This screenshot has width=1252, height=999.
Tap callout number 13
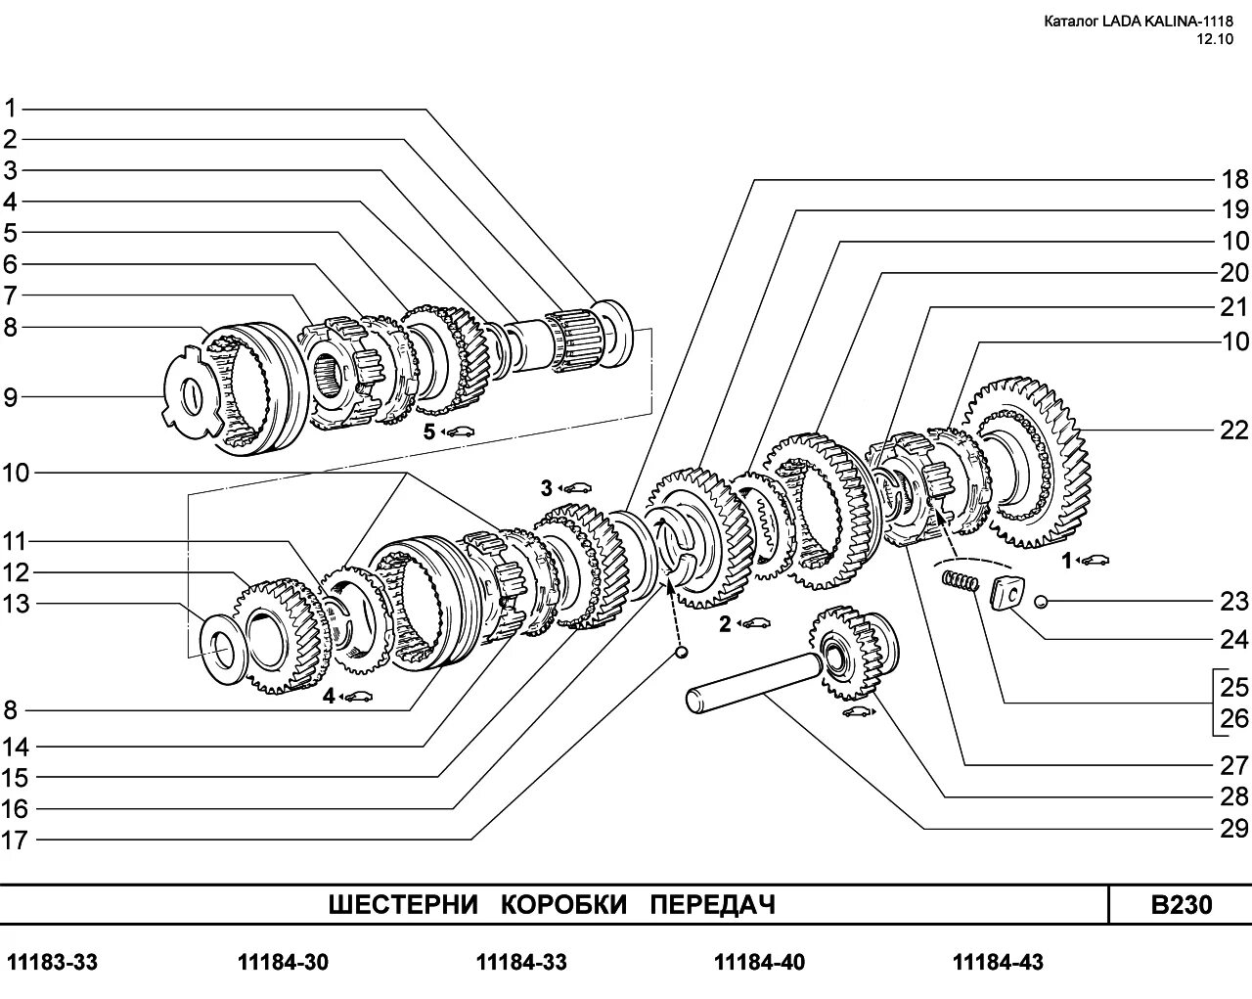point(16,604)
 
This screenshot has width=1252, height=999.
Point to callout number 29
point(1234,828)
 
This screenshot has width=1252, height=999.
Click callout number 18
point(1234,179)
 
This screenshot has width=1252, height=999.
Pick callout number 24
point(1234,639)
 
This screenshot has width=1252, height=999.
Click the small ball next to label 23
point(1041,600)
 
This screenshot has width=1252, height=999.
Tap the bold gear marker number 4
point(330,696)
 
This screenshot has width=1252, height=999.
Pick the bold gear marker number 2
point(725,623)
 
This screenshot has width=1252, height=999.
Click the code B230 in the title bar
point(1181,904)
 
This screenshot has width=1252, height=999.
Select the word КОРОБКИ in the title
point(564,904)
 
